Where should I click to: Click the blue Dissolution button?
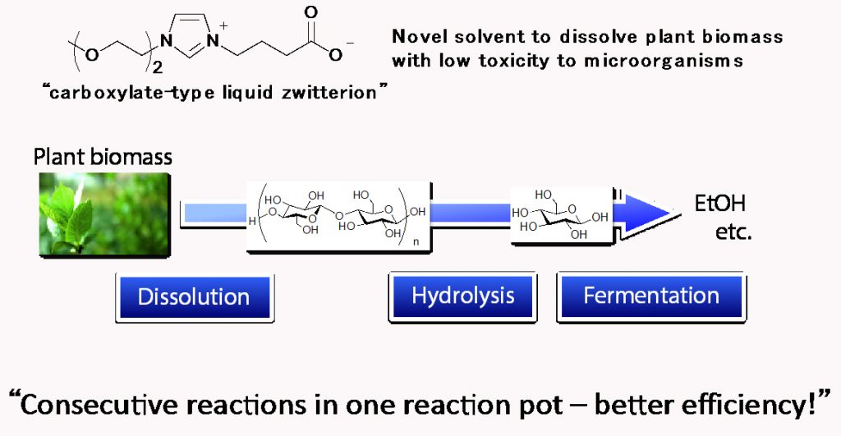[194, 297]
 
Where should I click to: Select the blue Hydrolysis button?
[463, 296]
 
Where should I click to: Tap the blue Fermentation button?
[651, 296]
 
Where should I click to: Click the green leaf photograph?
[104, 214]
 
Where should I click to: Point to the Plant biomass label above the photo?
[103, 157]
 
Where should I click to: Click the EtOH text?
[719, 204]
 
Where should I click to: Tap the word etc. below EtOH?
[733, 232]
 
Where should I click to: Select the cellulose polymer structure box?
[339, 218]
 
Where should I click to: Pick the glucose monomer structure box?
[562, 216]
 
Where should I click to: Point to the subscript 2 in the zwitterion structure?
[157, 67]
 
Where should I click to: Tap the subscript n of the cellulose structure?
[416, 242]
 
